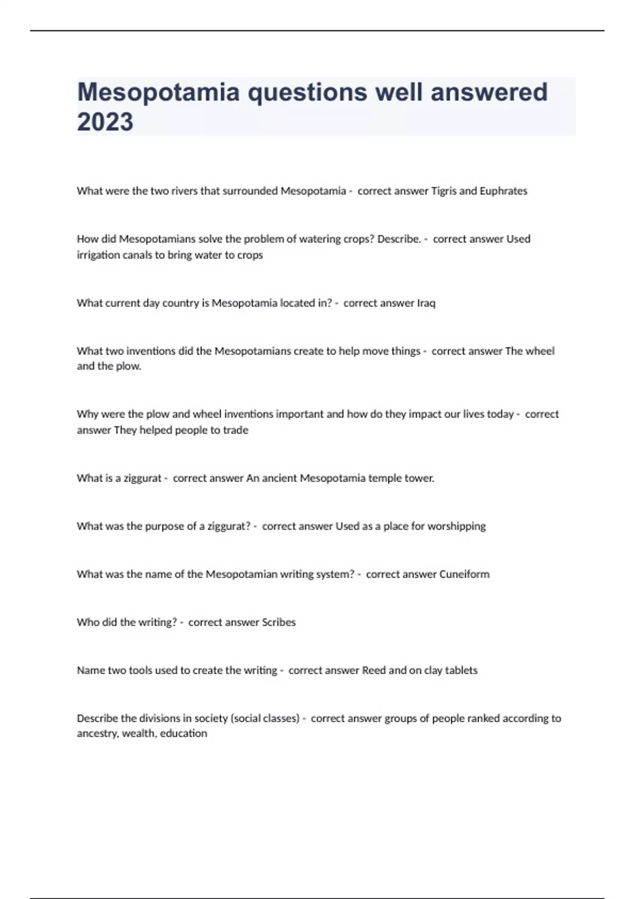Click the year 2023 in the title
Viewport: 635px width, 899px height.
[105, 122]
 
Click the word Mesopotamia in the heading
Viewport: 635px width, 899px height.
[158, 92]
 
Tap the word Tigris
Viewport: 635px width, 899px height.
[443, 191]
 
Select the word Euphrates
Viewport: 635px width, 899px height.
[503, 191]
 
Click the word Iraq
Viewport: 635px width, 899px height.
[426, 303]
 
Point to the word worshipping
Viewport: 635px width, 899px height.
[456, 526]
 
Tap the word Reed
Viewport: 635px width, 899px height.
[374, 671]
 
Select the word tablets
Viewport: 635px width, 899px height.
[461, 671]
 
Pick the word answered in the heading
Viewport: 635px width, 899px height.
[489, 92]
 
